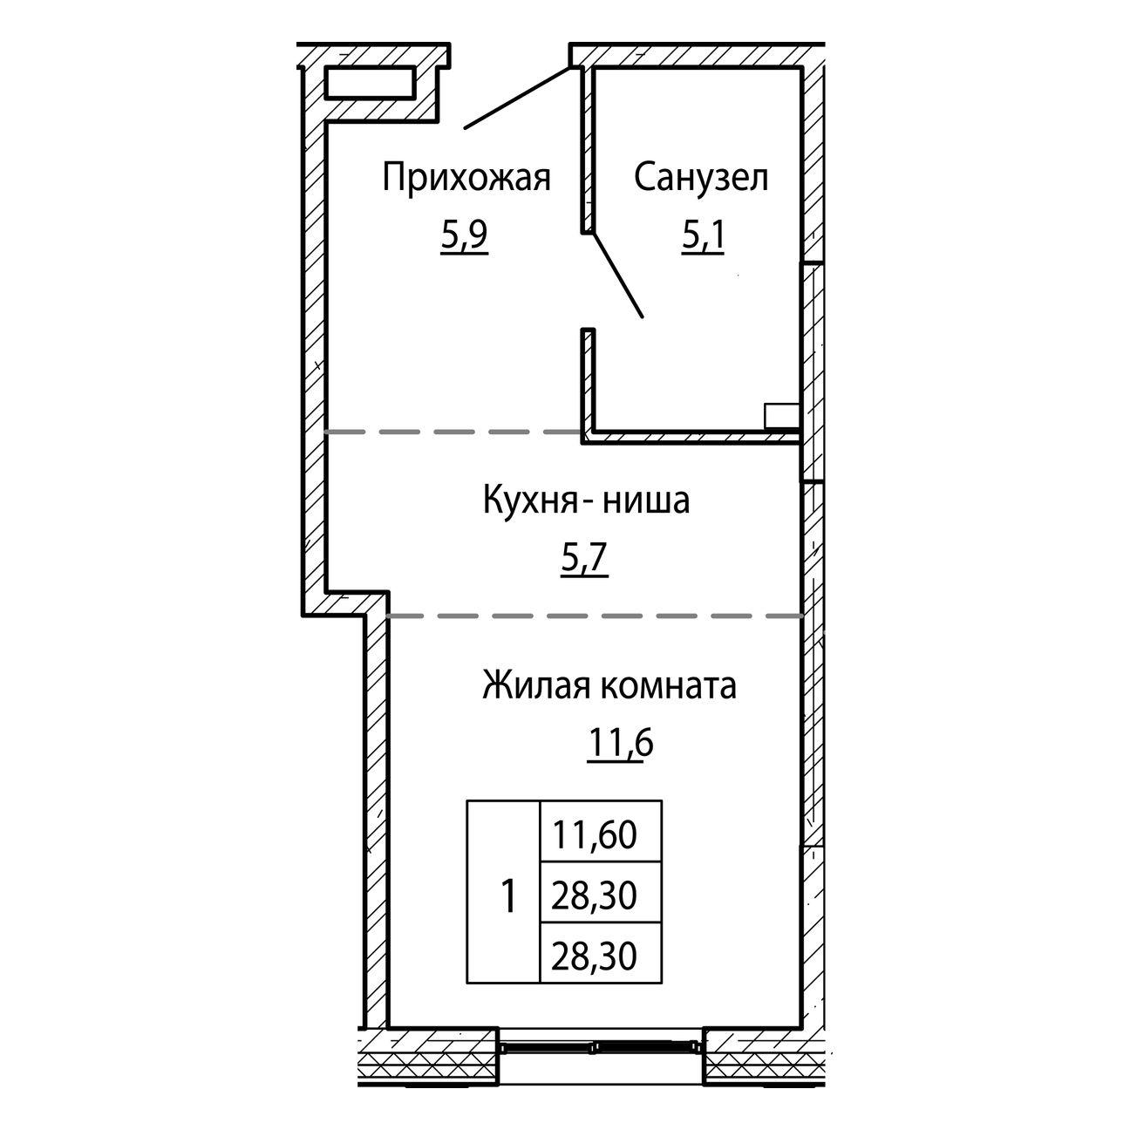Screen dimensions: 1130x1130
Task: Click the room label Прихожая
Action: pos(466,178)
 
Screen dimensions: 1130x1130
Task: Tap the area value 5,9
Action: pos(465,238)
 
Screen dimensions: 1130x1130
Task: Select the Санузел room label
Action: pos(701,177)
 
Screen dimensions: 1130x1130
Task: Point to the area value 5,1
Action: pos(703,238)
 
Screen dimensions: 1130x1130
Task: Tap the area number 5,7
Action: pos(585,561)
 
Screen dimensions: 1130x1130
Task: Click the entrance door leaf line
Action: pos(517,98)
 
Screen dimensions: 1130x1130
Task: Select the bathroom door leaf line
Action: pos(618,275)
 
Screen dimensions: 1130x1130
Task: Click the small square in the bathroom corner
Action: pos(782,417)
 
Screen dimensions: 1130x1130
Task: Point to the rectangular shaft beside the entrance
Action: pos(371,82)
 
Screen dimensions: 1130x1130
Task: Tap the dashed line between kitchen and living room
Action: pos(594,616)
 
